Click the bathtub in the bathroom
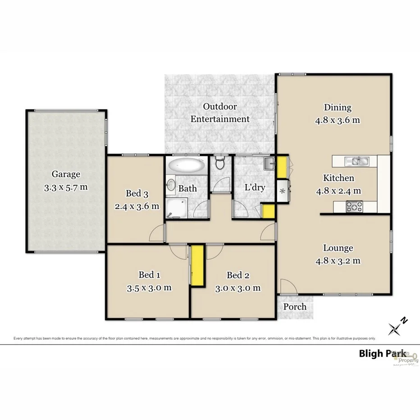point(186,165)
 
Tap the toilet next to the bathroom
point(220,164)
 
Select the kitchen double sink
point(356,160)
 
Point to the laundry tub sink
point(269,163)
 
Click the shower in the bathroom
point(174,208)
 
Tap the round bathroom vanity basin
point(171,185)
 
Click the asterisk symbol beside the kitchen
point(283,191)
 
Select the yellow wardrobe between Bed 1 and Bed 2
point(197,266)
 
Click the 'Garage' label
point(66,174)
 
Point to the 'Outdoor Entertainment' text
point(220,113)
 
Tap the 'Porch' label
point(295,307)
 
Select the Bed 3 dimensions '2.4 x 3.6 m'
point(137,206)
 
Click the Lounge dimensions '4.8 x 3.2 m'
point(338,260)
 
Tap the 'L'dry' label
point(254,187)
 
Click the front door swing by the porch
point(286,286)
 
